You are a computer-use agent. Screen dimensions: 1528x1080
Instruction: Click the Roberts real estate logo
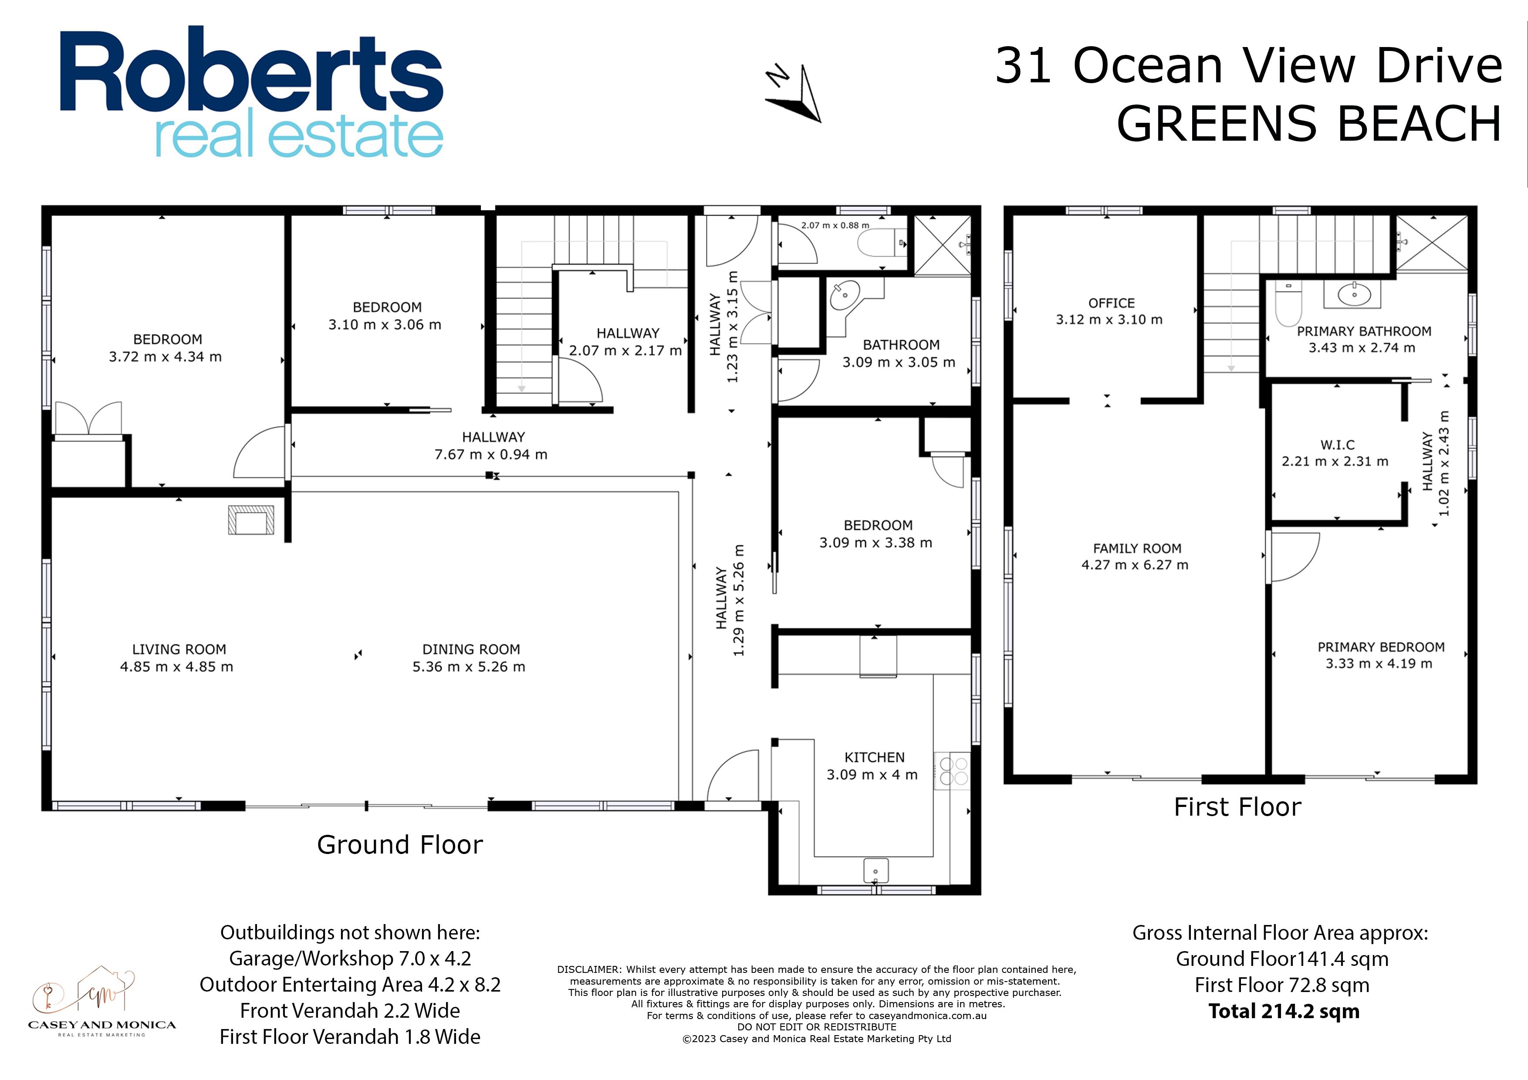click(x=252, y=92)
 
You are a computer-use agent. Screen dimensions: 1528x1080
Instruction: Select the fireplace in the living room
click(x=251, y=520)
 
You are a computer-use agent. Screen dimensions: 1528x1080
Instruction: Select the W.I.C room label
click(x=1338, y=445)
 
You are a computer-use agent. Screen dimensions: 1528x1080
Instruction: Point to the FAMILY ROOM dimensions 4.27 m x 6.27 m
click(x=1135, y=565)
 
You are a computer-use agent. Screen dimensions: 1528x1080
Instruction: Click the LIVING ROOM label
click(x=179, y=649)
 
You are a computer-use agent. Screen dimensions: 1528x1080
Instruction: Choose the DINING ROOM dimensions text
click(x=469, y=667)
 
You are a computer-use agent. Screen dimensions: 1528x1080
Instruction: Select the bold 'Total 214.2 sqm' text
click(x=1284, y=1012)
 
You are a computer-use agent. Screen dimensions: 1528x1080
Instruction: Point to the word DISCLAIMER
click(x=588, y=969)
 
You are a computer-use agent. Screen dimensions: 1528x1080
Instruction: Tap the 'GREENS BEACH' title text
click(x=1309, y=124)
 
